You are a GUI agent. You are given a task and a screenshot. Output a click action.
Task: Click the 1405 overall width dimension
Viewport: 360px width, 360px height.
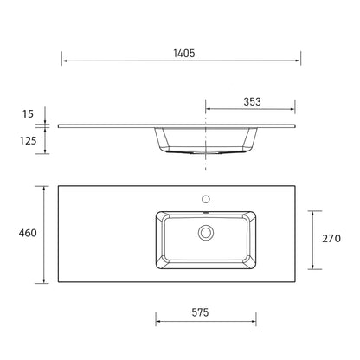coord(181,53)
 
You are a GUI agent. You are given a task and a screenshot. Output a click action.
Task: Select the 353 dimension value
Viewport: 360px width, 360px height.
coord(253,102)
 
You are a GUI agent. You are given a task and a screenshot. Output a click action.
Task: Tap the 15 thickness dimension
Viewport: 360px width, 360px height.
coord(29,114)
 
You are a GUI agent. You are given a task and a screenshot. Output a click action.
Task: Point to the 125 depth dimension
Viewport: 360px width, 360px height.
coord(29,140)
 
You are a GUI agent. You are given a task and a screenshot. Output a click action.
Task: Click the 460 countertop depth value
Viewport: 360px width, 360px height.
coord(27,234)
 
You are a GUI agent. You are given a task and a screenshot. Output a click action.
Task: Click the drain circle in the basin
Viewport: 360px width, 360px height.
coord(206,233)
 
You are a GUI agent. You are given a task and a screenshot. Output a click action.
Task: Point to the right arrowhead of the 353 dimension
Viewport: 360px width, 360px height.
coord(298,110)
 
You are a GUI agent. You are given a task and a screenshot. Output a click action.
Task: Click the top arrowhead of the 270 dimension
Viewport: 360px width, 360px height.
coord(312,211)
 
